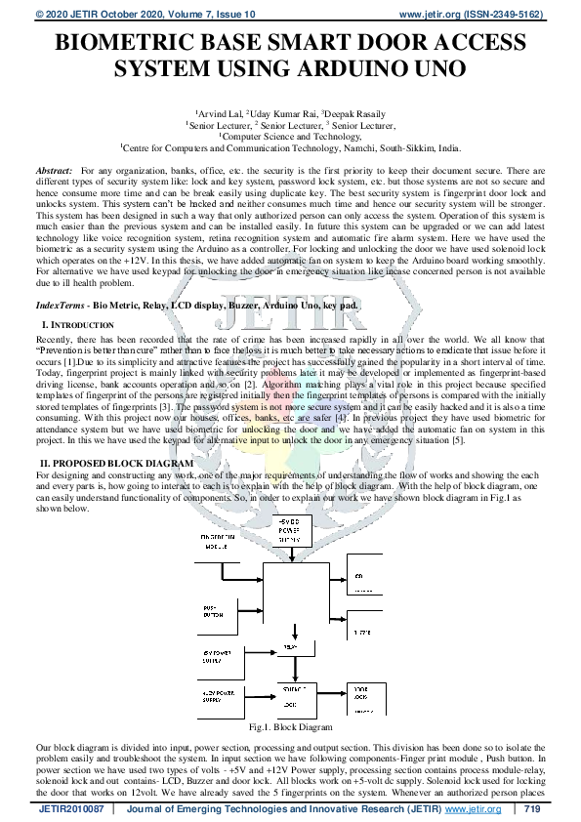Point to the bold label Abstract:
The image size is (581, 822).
(x=55, y=171)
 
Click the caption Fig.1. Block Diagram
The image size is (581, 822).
(x=290, y=726)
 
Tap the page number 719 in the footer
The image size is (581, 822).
(x=532, y=809)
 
